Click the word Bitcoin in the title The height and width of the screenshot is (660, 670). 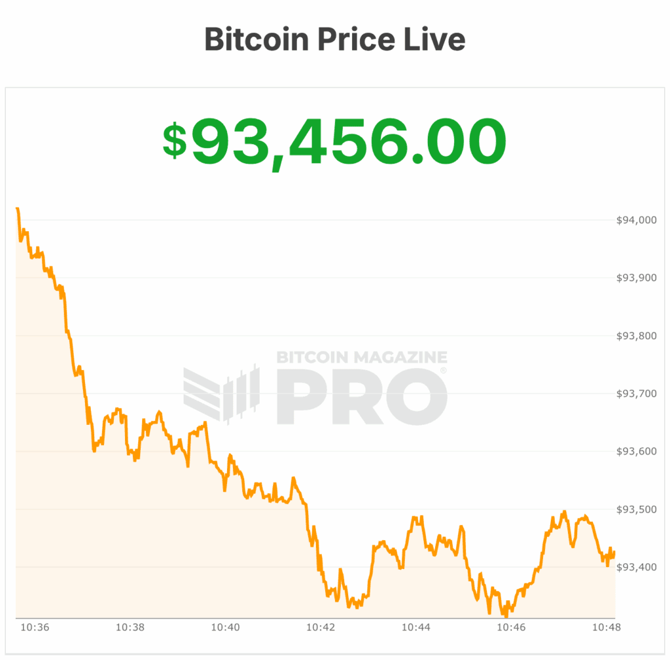[256, 39]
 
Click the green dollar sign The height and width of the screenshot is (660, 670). [175, 141]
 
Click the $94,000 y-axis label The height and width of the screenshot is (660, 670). [637, 220]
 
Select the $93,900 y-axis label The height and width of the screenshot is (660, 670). [637, 278]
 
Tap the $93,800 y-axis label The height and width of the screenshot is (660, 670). [637, 336]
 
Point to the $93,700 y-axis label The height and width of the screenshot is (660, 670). [637, 394]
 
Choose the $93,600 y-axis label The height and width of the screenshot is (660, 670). [637, 451]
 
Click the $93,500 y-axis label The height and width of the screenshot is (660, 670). [637, 509]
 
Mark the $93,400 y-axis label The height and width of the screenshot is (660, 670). [637, 567]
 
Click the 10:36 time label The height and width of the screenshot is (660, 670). [35, 627]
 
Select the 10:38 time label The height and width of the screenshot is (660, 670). [130, 627]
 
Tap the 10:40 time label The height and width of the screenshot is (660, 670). [225, 627]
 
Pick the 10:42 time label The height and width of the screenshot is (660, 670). [321, 627]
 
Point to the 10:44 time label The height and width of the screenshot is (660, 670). [415, 627]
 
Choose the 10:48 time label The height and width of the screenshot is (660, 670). [607, 627]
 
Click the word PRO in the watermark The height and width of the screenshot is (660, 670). [361, 396]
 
